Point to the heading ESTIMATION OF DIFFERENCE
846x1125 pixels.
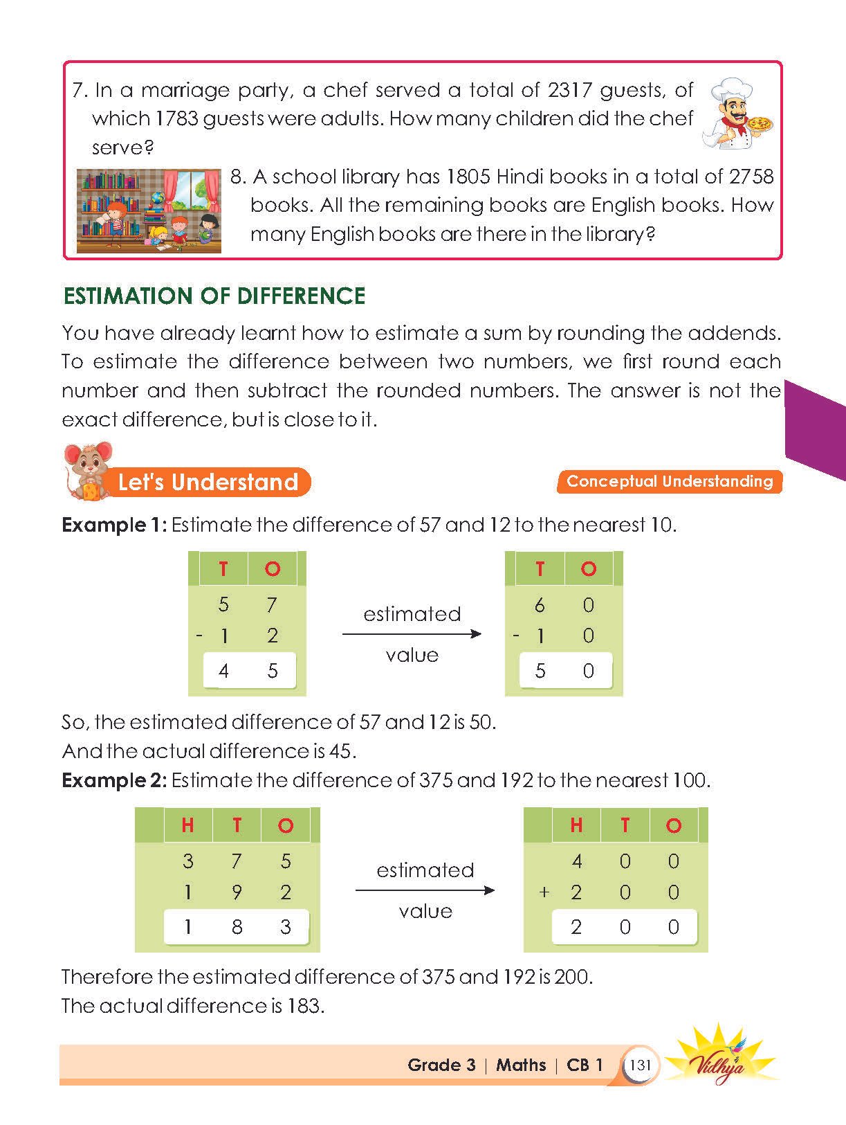214,296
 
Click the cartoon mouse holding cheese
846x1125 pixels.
86,470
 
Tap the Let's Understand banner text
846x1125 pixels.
208,482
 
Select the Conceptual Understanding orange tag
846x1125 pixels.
669,481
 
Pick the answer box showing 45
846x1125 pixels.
249,670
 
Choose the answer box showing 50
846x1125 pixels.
565,670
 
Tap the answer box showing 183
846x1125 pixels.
237,926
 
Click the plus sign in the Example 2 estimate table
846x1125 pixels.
544,892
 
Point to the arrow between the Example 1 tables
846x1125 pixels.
412,633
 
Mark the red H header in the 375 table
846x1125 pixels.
187,825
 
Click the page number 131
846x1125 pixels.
641,1065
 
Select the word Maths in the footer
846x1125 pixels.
521,1065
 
